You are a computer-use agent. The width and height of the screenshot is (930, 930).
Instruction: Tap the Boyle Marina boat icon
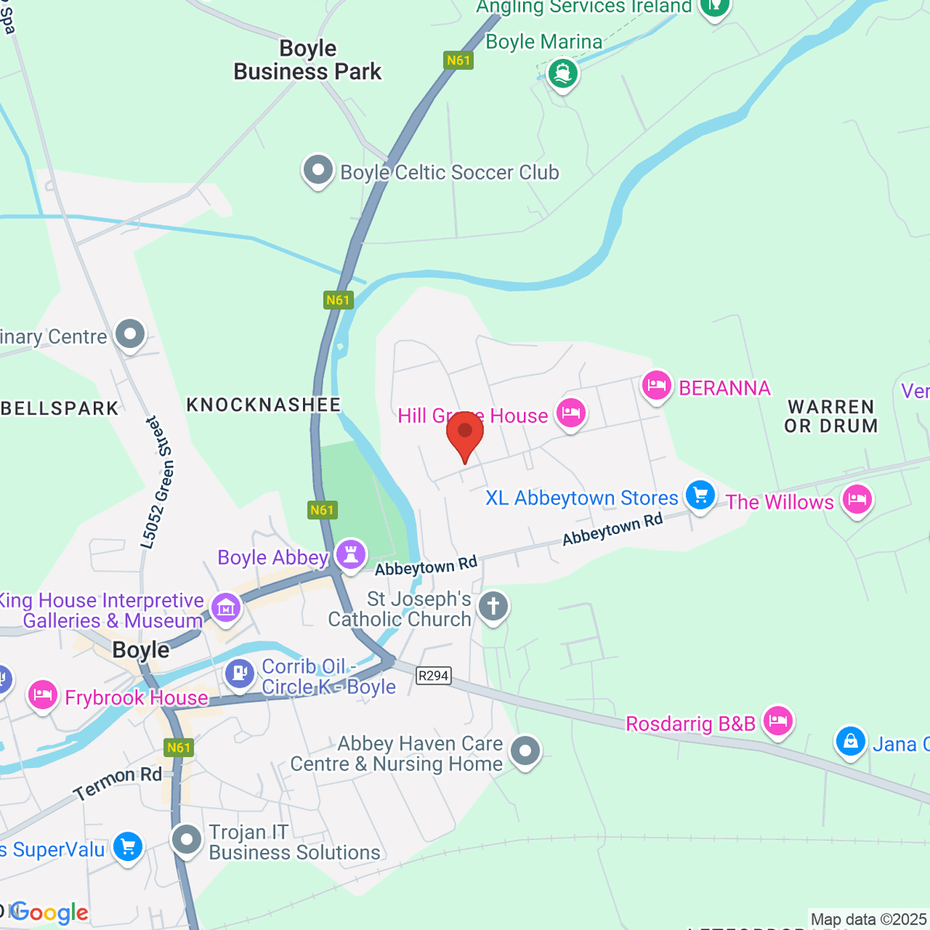[563, 75]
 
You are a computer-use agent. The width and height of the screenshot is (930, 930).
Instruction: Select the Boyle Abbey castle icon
[350, 555]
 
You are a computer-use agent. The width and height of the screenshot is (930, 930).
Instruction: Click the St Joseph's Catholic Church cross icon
[493, 606]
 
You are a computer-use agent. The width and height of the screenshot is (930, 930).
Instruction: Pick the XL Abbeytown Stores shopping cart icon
[700, 495]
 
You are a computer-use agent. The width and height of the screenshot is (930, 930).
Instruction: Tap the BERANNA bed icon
[656, 386]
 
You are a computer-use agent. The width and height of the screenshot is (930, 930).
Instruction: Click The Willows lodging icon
[856, 500]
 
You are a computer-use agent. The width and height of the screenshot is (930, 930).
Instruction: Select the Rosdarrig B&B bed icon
[777, 722]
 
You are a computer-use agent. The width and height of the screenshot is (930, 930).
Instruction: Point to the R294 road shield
[433, 676]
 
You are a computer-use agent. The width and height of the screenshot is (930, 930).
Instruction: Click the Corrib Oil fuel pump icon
[240, 673]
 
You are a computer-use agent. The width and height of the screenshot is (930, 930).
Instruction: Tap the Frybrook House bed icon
[43, 695]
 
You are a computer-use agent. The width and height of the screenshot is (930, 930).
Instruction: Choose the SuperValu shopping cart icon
[128, 846]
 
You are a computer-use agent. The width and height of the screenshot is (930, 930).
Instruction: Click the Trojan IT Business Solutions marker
[187, 839]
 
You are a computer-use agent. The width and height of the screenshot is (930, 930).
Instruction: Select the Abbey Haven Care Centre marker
[525, 751]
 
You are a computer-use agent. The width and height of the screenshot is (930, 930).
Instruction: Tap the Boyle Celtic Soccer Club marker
[318, 171]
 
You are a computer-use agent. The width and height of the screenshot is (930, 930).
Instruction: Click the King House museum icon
[226, 608]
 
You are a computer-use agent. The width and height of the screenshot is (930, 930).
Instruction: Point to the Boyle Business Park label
[308, 60]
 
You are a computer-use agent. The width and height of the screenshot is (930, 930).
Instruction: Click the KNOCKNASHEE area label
[263, 405]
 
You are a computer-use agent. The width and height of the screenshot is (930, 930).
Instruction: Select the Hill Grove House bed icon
[570, 413]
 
